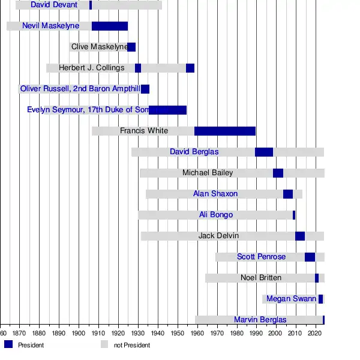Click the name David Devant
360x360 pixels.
[54, 5]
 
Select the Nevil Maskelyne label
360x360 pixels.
[51, 26]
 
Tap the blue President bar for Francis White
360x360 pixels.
[225, 131]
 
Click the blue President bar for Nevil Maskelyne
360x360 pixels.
[110, 26]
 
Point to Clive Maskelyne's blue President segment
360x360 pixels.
[132, 47]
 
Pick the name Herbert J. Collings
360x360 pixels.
[92, 68]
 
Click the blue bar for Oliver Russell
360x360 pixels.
[145, 89]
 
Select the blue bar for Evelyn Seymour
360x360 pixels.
[168, 110]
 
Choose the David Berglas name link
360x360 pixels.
[194, 152]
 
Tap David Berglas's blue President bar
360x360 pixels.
[264, 152]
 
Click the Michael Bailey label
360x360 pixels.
[208, 173]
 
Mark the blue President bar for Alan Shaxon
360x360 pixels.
[288, 194]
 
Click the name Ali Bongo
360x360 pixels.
[216, 215]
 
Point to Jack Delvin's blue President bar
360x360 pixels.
[300, 236]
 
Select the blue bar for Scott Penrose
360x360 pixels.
[310, 257]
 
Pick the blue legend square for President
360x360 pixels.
[8, 344]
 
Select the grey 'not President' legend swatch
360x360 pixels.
[104, 344]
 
